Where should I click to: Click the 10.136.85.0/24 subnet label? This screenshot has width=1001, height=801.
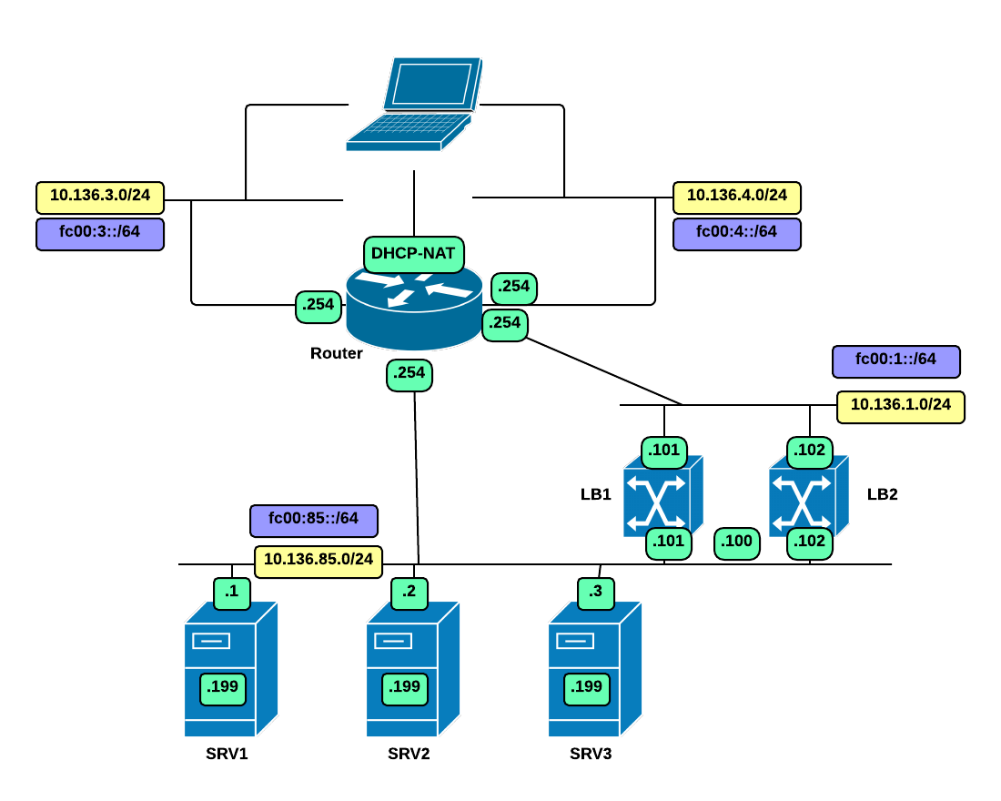click(x=318, y=562)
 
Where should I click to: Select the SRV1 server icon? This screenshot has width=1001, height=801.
click(x=230, y=669)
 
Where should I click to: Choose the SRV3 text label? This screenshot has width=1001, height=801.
click(x=591, y=755)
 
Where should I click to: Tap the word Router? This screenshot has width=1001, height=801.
click(x=336, y=353)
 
